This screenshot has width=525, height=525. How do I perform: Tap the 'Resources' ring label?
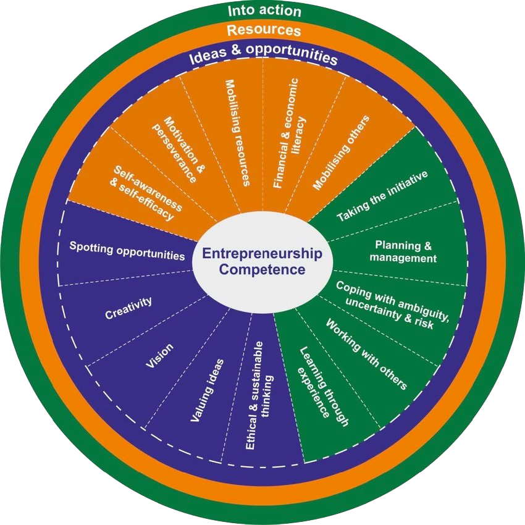pos(263,30)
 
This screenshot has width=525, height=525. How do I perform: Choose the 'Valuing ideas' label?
pos(207,390)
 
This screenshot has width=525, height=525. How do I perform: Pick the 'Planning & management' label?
pos(405,252)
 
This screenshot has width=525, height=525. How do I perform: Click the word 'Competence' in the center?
pos(262,270)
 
